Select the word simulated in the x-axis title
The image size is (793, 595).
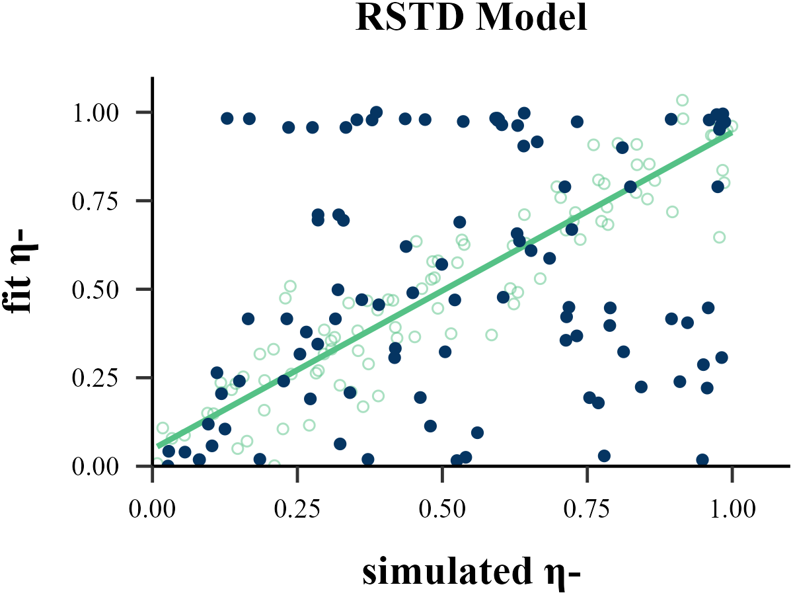[x=441, y=572]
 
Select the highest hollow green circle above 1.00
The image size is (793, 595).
[x=682, y=100]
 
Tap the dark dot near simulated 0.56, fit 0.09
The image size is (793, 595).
[x=477, y=433]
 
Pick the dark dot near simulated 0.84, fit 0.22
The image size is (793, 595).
[x=640, y=387]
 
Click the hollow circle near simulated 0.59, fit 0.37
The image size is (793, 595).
[x=492, y=335]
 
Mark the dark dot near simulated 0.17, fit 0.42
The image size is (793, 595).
[x=248, y=319]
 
